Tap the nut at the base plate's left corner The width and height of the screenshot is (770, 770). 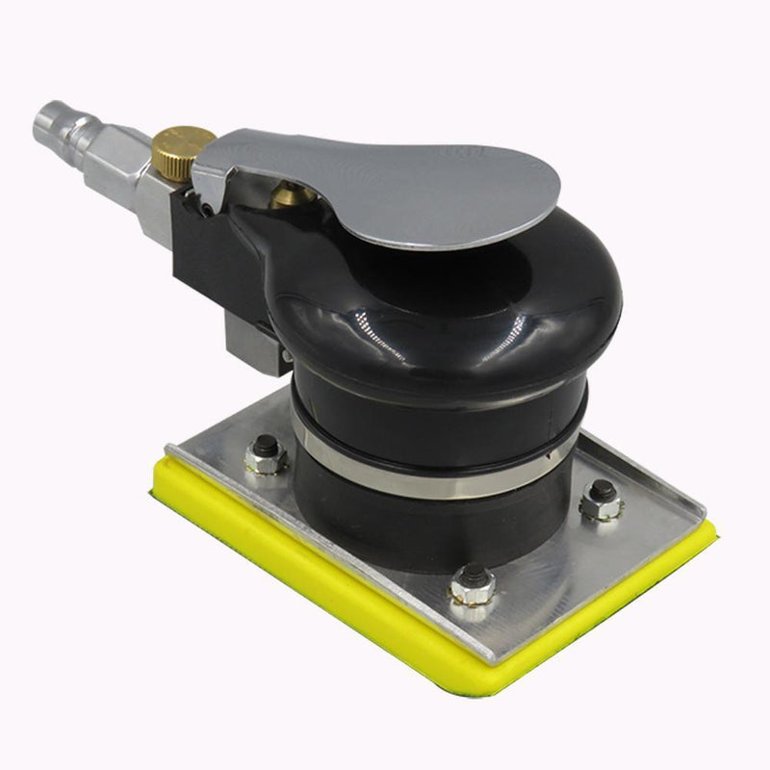265,455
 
